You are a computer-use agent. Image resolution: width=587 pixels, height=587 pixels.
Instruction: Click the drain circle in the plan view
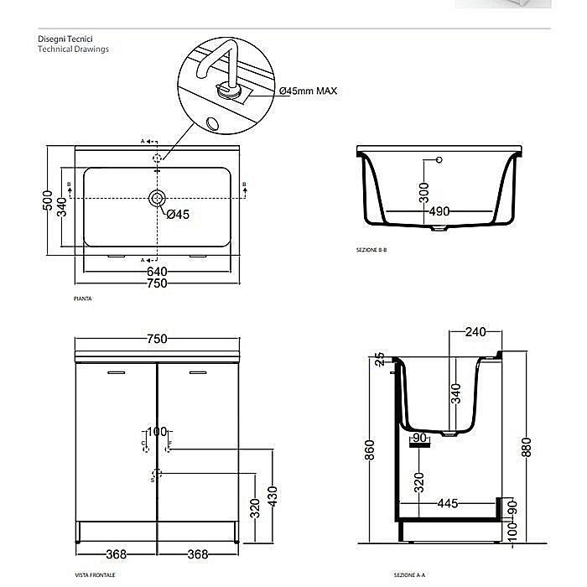(157, 198)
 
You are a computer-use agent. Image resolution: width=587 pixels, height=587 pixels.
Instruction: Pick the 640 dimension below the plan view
(157, 271)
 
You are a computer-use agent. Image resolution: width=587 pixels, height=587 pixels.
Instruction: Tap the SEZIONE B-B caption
(371, 251)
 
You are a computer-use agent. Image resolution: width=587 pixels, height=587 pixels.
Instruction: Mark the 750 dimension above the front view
(157, 339)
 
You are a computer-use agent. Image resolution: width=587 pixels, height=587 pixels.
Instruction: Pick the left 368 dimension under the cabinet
(116, 553)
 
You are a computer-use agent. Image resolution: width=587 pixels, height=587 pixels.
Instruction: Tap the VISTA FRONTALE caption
(95, 575)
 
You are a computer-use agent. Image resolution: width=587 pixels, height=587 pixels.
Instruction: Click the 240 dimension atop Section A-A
(475, 332)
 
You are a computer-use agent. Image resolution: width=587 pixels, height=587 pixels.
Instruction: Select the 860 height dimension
(370, 452)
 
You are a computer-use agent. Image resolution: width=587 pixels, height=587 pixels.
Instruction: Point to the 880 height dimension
(526, 449)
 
